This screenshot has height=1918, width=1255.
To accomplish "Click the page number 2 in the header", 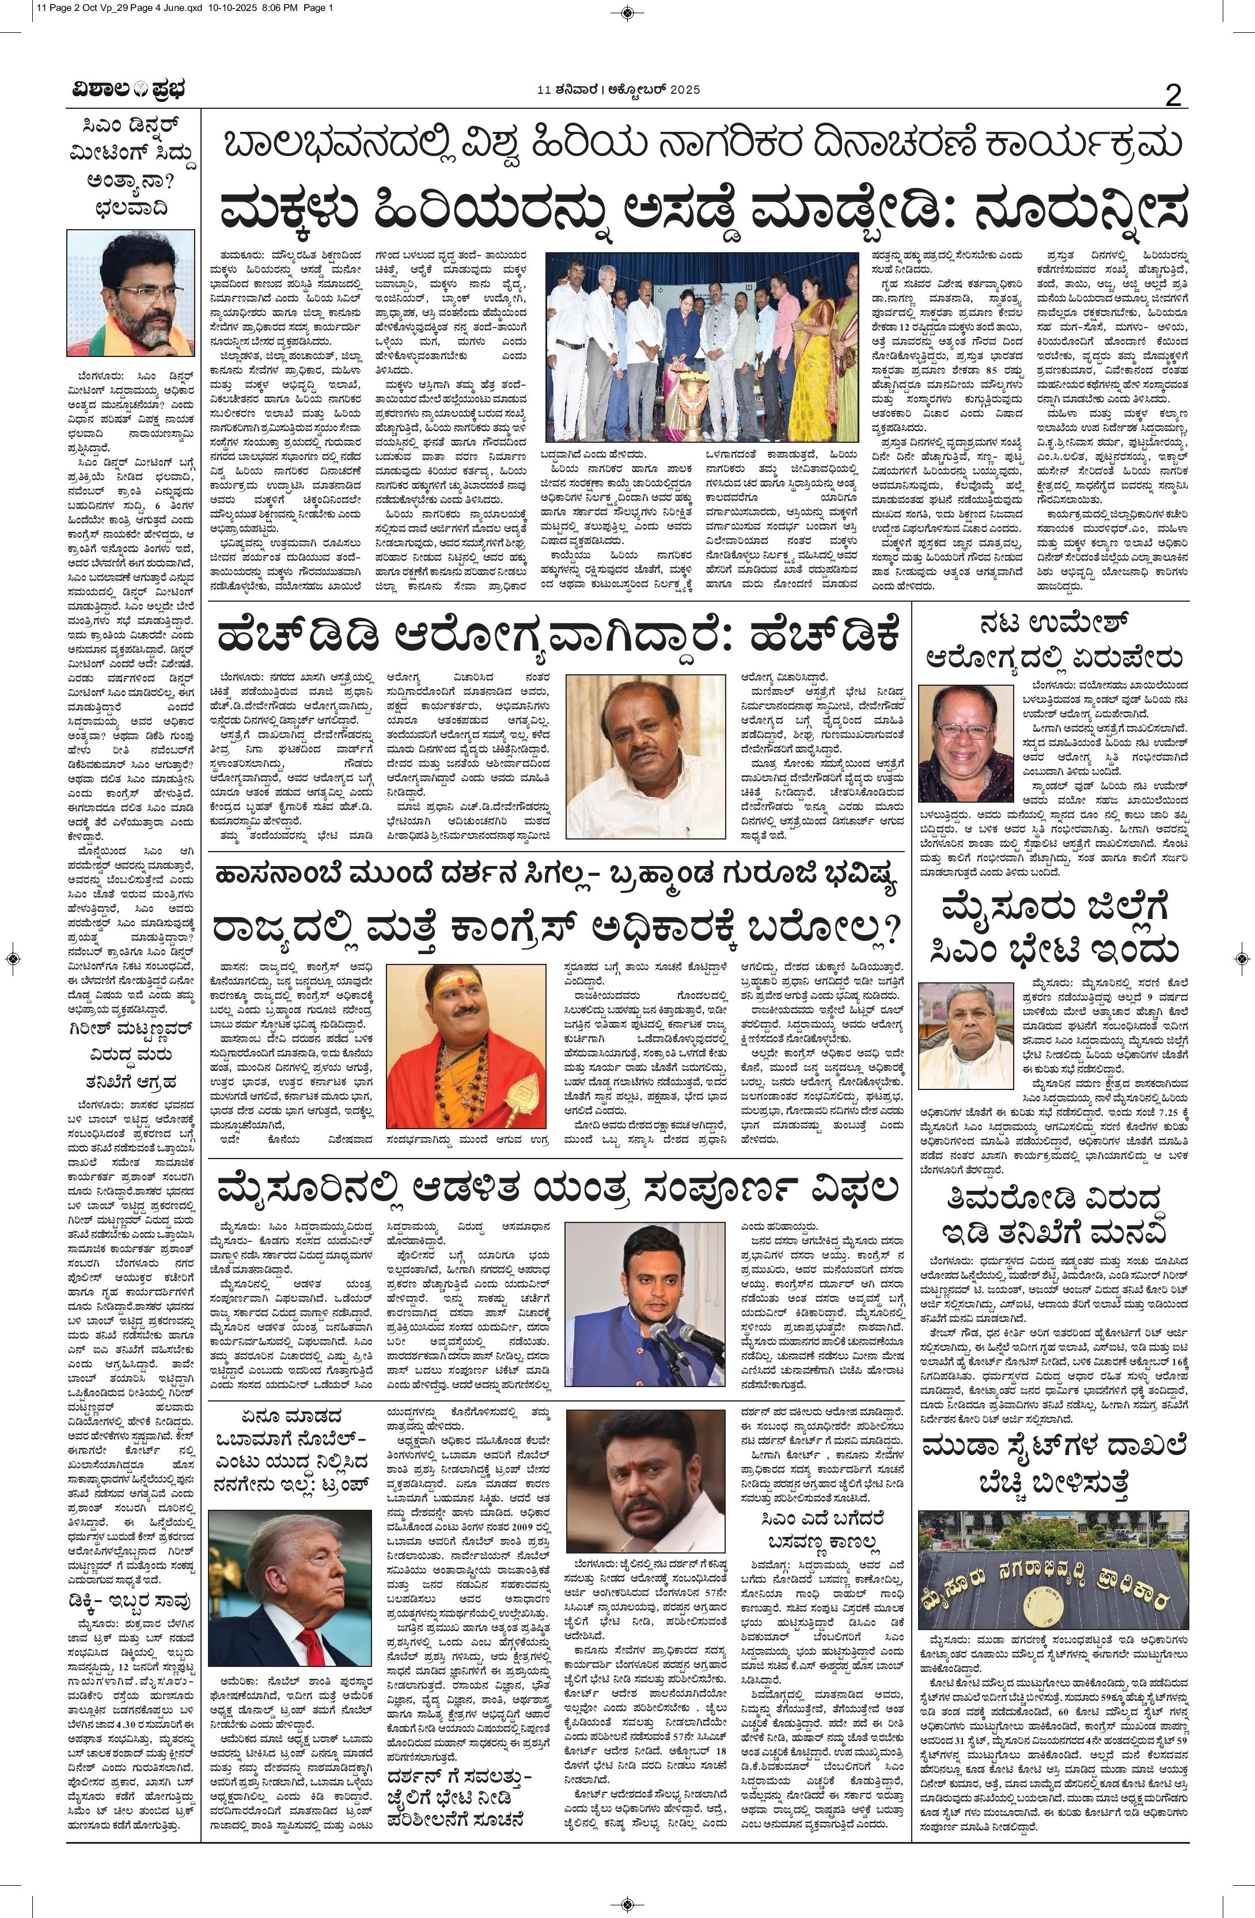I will pos(1174,96).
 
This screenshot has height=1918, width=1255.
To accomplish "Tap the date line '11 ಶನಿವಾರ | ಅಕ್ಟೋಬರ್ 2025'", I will pos(617,89).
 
